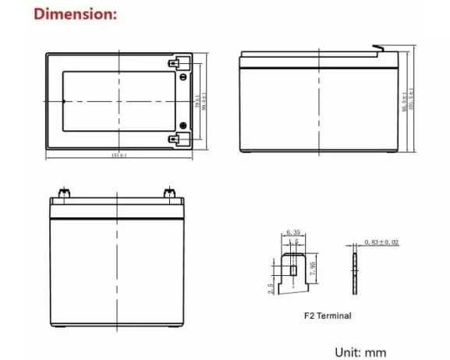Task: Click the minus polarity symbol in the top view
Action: point(184,77)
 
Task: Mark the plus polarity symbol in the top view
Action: point(184,125)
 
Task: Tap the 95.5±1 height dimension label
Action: point(404,103)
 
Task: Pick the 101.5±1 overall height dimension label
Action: point(412,103)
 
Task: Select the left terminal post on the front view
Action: point(62,192)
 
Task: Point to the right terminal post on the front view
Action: point(167,192)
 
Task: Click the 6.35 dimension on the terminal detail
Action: point(292,233)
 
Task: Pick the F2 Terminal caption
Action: point(327,316)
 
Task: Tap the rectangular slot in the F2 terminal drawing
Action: point(292,270)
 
